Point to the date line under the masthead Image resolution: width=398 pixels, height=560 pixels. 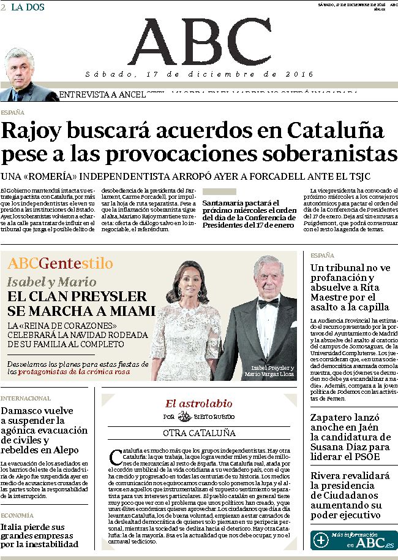199,74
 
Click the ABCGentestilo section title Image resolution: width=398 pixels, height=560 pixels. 60,264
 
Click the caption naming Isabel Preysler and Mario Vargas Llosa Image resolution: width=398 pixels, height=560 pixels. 269,371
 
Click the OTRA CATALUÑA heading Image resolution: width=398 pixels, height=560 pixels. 199,432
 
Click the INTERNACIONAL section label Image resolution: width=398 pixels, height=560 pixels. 26,398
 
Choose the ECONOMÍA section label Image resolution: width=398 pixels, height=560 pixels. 17,515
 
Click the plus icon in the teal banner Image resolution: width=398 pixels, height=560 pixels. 321,540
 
